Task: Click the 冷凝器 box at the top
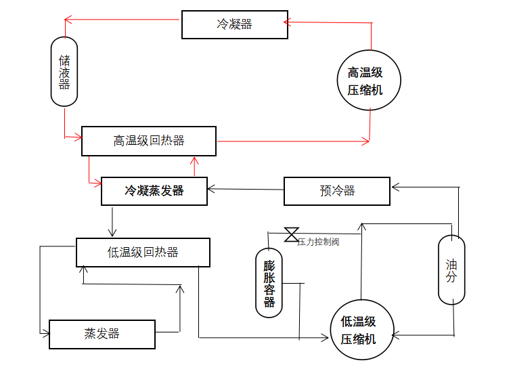tap(234, 24)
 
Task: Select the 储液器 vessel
tap(64, 71)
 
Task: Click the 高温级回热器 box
tap(149, 141)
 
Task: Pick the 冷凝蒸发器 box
tap(154, 191)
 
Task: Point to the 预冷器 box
tap(337, 191)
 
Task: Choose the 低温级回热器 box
tap(143, 253)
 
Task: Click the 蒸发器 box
tap(102, 334)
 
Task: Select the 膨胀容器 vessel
tap(269, 282)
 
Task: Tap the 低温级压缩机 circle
tap(362, 331)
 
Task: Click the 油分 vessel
tap(451, 269)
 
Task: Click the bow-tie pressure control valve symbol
tap(292, 234)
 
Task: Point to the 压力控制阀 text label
tap(318, 242)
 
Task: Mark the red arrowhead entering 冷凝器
tap(288, 22)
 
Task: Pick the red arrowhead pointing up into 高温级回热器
tap(194, 160)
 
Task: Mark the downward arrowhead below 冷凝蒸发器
tap(113, 233)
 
